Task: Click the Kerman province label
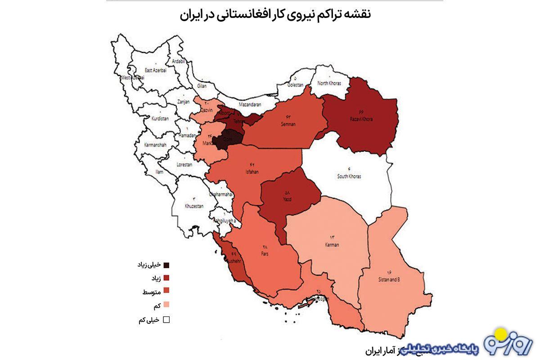(x=332, y=245)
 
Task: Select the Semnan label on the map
(x=288, y=124)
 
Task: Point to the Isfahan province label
(x=252, y=172)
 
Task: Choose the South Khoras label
(x=349, y=176)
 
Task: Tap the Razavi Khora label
(x=362, y=120)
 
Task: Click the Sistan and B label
(x=389, y=279)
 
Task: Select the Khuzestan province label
(x=194, y=206)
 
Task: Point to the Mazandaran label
(x=250, y=105)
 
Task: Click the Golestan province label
(x=296, y=85)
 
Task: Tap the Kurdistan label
(x=160, y=118)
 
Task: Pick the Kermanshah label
(x=155, y=145)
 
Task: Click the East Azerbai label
(x=156, y=71)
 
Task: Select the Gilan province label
(x=202, y=85)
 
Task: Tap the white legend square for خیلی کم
(x=166, y=320)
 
